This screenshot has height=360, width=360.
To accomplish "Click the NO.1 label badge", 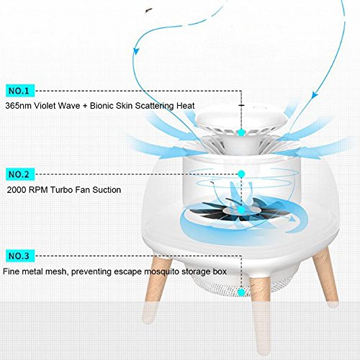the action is pos(20,91).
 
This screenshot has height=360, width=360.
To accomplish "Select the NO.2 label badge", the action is pos(20,174).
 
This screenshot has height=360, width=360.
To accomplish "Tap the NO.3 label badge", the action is pos(20,256).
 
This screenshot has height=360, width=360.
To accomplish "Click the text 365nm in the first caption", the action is pos(18,106).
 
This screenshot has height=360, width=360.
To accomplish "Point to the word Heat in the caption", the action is pos(186,106).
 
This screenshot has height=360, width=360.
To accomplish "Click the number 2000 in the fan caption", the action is pos(17,190).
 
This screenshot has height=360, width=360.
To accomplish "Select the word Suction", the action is pos(107,190).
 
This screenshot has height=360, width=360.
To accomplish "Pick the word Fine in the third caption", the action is pos(12,271).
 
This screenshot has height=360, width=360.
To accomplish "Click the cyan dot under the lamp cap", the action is pos(241,132).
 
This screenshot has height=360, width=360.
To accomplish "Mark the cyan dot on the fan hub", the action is pos(241,210).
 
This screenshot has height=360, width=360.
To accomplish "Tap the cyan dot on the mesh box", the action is pos(241,292).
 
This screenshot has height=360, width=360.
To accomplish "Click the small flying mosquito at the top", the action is pos(148,10).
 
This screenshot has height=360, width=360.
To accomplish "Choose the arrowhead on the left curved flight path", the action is pos(137,50).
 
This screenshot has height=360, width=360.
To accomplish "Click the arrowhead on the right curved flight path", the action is pos(315,94).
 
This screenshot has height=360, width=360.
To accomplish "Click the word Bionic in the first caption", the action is pos(102,106).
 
